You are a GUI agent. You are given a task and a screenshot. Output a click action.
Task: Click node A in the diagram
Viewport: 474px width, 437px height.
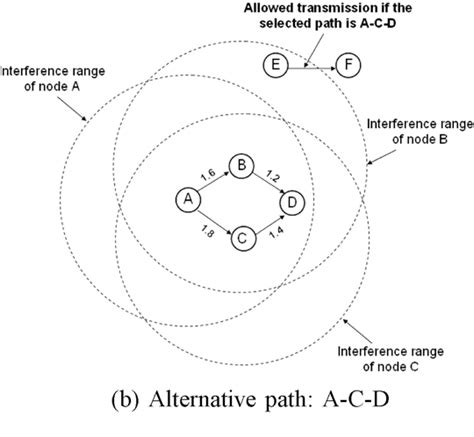coord(186,200)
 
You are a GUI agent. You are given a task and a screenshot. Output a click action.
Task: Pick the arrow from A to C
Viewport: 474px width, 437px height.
coord(212,220)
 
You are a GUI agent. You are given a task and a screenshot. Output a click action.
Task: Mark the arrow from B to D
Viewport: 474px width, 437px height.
coord(266,184)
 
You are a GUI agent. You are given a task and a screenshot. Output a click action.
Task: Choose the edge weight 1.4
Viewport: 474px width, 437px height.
coord(275,232)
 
